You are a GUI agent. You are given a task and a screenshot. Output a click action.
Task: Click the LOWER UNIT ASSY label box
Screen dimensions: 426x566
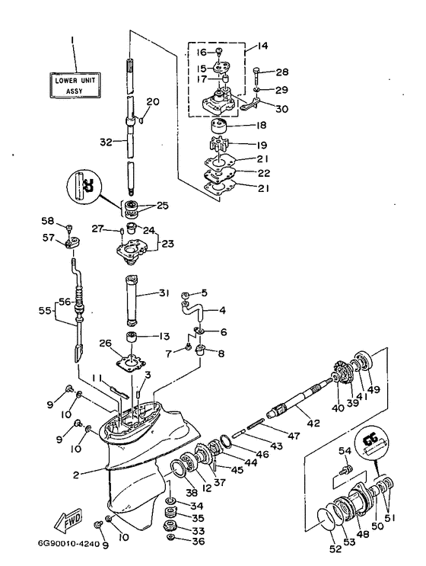pyautogui.click(x=75, y=85)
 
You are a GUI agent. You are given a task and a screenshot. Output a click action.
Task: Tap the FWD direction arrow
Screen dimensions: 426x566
pyautogui.click(x=68, y=520)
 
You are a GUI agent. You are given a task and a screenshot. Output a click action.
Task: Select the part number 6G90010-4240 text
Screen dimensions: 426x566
pyautogui.click(x=68, y=545)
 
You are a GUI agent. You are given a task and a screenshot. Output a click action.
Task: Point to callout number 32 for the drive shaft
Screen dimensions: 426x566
pyautogui.click(x=106, y=142)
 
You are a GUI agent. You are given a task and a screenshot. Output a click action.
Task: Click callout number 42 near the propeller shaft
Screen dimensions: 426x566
pyautogui.click(x=313, y=422)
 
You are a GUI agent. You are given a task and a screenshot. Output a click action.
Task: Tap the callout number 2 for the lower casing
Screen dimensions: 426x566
pyautogui.click(x=75, y=475)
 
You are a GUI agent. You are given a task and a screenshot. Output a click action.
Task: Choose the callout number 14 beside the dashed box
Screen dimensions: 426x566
pyautogui.click(x=263, y=46)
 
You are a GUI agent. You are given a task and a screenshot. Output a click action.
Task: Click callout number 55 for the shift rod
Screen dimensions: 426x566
pyautogui.click(x=45, y=310)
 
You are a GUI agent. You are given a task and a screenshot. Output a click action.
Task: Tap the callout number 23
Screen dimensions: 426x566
pyautogui.click(x=168, y=244)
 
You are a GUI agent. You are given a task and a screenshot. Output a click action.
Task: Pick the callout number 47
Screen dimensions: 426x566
pyautogui.click(x=294, y=436)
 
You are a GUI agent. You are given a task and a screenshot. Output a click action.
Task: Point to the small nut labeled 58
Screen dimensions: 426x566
pyautogui.click(x=69, y=228)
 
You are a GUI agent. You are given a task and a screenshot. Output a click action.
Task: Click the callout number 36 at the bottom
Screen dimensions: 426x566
pyautogui.click(x=199, y=541)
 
